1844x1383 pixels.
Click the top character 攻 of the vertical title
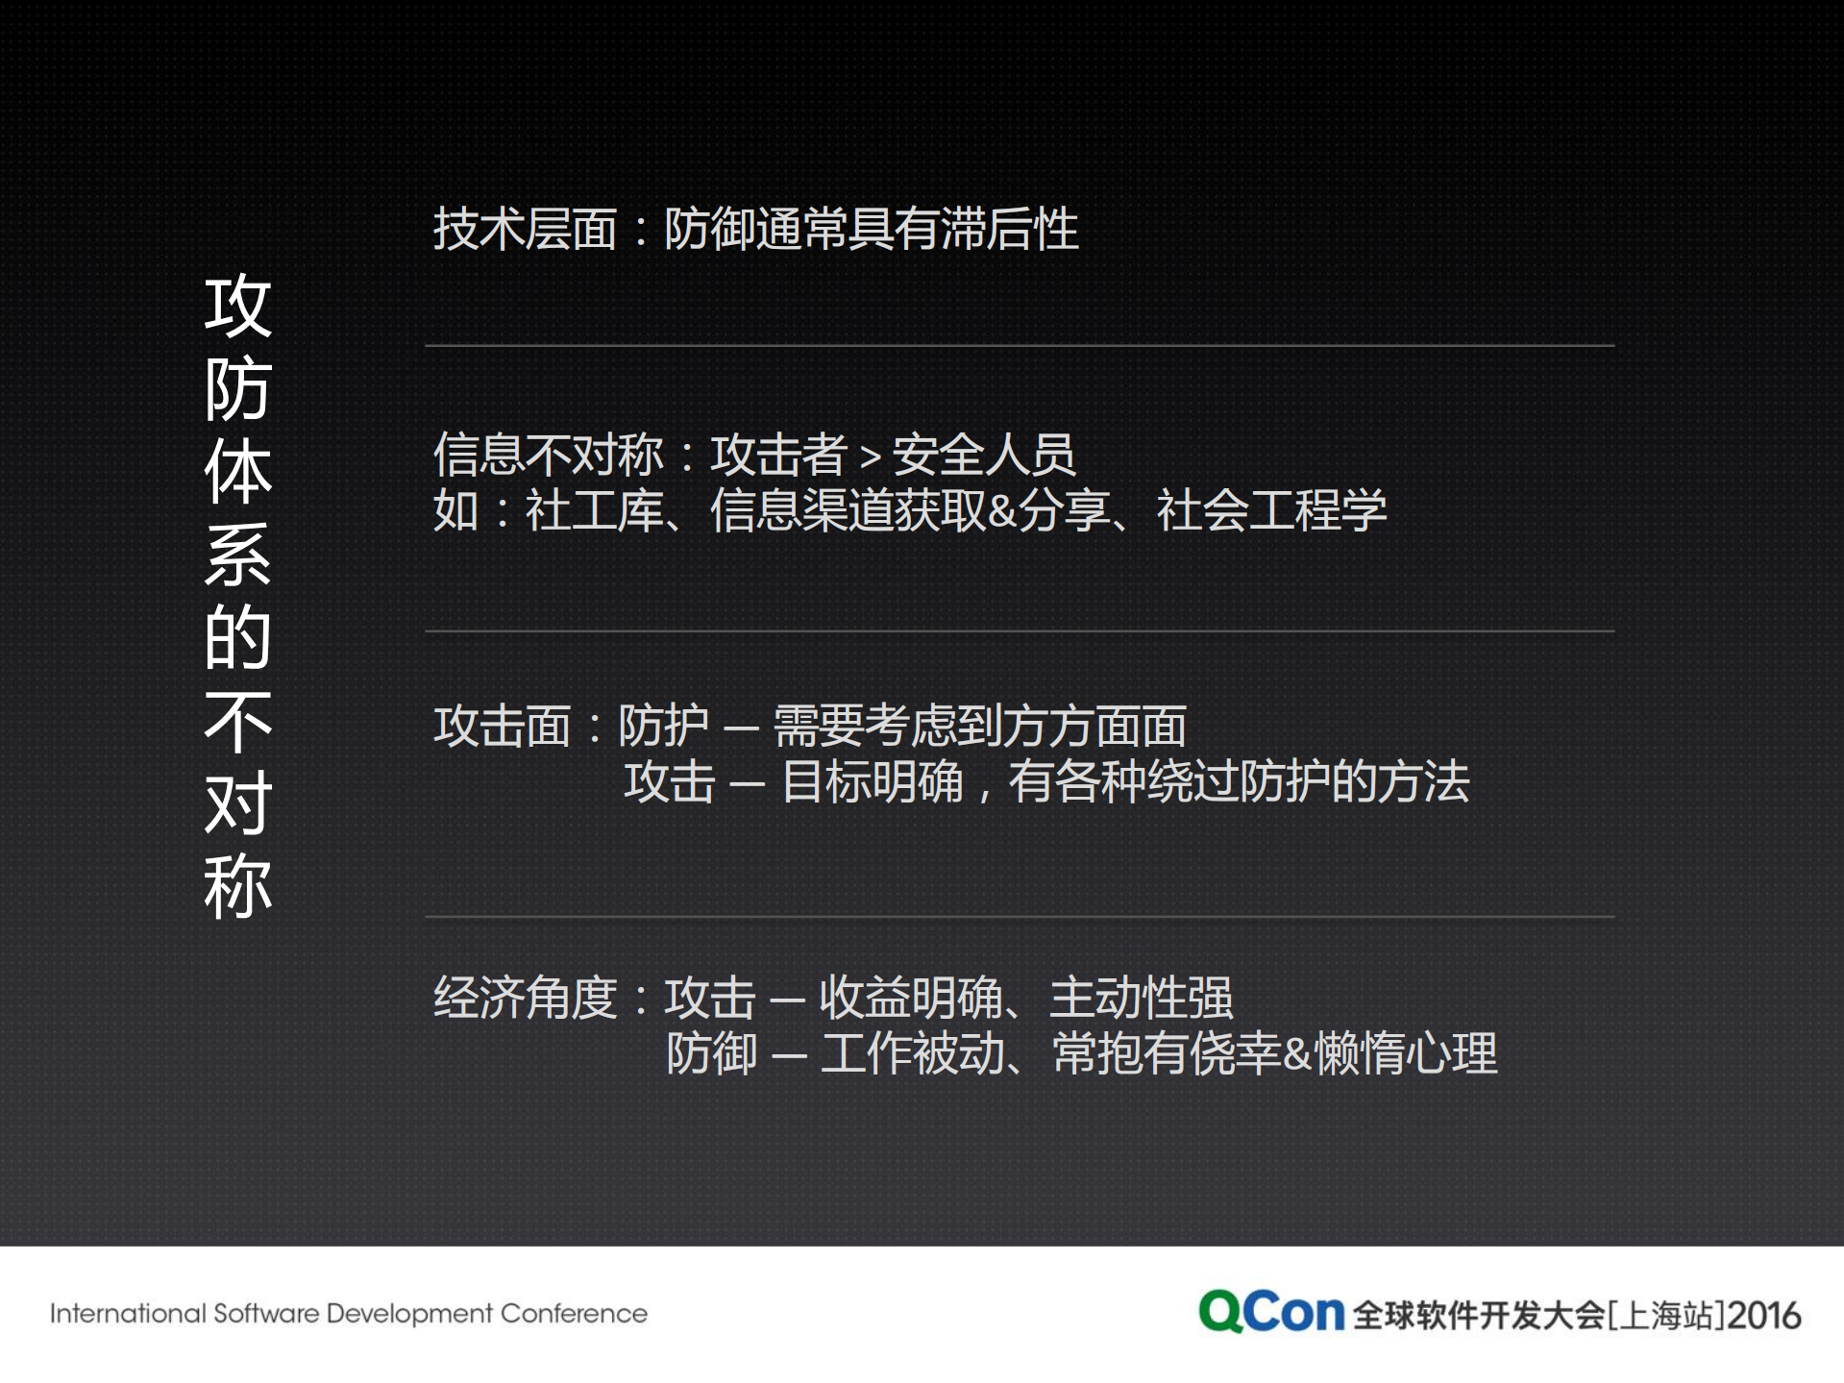coord(238,306)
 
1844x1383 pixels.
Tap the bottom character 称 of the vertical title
coord(238,886)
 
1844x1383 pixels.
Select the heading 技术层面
coord(525,230)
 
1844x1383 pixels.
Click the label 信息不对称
coord(549,455)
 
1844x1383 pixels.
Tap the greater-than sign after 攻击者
coord(870,457)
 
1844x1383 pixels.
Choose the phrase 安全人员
coord(983,455)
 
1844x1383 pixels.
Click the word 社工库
coord(594,510)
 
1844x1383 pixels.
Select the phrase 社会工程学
coord(1271,510)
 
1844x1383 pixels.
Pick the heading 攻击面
coord(503,726)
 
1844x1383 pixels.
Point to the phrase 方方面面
coord(1094,726)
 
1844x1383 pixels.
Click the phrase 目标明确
coord(873,781)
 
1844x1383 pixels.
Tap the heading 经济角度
coord(525,998)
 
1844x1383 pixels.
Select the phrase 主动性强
coord(1141,998)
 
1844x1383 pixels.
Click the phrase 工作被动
coord(912,1053)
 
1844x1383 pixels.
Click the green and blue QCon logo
coord(1270,1312)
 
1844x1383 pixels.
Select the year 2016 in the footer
coord(1764,1315)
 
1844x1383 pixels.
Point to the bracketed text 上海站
coord(1665,1315)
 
